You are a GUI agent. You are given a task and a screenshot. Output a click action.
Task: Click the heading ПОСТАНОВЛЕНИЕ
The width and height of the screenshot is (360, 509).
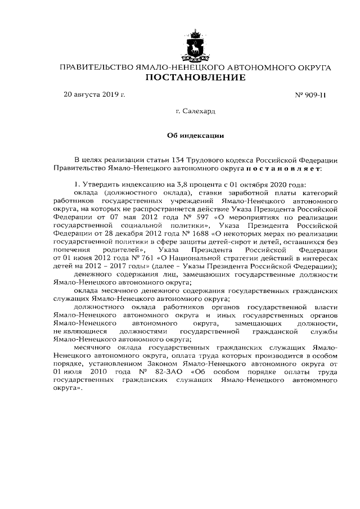pos(196,78)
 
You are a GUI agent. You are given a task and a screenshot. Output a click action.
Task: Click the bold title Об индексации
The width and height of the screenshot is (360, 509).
pos(196,136)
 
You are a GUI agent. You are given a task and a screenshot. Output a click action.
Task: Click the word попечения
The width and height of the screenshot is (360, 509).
pos(71,249)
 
